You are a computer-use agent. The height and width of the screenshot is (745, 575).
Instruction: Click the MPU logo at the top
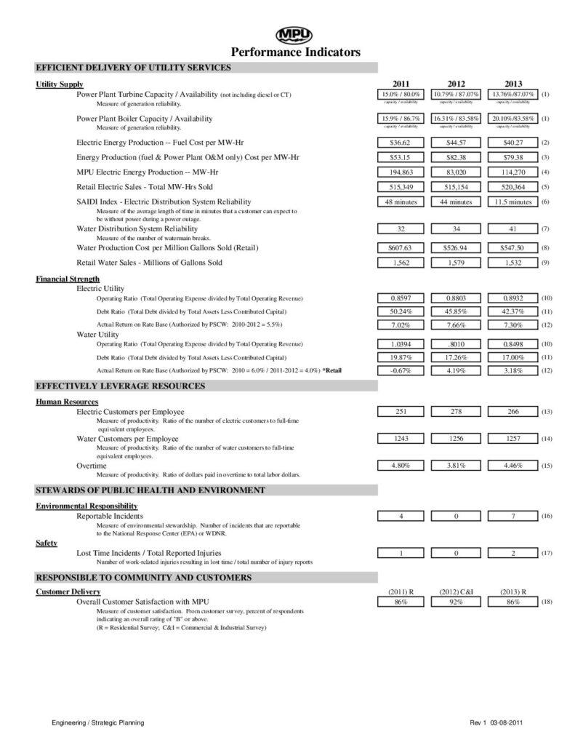click(294, 35)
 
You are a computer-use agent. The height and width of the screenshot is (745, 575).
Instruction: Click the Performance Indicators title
click(295, 52)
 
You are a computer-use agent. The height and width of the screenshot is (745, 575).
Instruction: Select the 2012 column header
click(457, 84)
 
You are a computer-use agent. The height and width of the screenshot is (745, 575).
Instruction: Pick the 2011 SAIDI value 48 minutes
click(398, 202)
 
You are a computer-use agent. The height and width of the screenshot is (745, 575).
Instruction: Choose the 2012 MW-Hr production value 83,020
click(457, 172)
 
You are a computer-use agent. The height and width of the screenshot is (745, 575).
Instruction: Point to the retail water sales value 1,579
click(457, 262)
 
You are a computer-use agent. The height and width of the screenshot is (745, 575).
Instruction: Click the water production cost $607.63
click(398, 247)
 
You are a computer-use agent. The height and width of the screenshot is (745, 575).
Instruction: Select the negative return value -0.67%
click(398, 370)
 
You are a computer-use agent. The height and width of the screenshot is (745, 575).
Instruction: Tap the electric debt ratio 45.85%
click(457, 311)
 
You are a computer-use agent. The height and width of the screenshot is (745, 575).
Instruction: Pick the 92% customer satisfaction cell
click(457, 602)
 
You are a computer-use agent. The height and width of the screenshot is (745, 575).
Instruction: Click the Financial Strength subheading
click(68, 279)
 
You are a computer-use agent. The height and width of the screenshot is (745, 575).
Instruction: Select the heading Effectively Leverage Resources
click(120, 386)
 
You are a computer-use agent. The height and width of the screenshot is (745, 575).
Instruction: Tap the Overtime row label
click(91, 465)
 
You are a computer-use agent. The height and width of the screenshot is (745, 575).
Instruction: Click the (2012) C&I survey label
click(457, 592)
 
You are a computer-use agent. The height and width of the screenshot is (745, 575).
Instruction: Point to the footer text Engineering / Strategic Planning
click(97, 722)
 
